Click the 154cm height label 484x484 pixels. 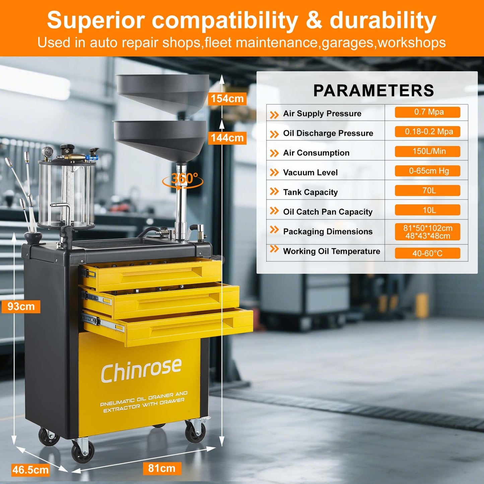tap(227, 99)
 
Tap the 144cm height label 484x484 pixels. tap(227, 138)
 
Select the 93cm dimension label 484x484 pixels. tap(21, 306)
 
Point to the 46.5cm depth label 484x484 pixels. tap(30, 470)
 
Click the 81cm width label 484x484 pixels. tap(162, 468)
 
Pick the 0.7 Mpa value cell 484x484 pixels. tap(427, 112)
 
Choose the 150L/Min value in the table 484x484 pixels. tap(427, 151)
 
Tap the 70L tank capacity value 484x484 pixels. tap(427, 191)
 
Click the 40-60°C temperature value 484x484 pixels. tap(427, 253)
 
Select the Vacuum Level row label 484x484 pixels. tap(310, 172)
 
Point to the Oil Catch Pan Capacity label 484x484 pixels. tap(328, 212)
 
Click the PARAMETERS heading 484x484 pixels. tap(373, 90)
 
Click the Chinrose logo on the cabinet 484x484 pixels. tap(141, 370)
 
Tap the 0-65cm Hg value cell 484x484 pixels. tap(427, 171)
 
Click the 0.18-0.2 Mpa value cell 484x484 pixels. tap(427, 132)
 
